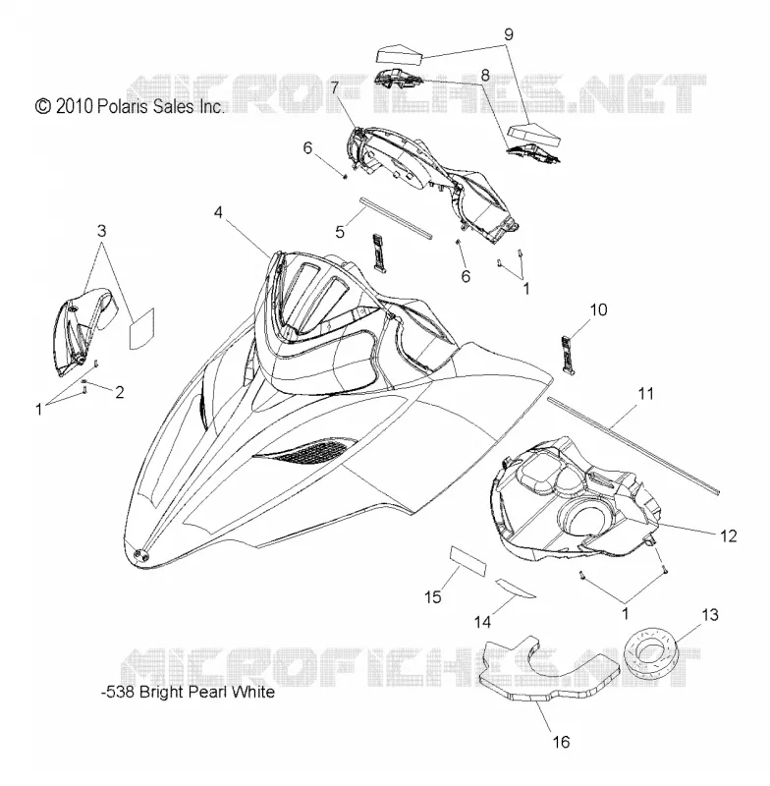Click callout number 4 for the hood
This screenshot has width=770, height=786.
tap(218, 212)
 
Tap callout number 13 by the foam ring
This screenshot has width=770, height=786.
tap(710, 615)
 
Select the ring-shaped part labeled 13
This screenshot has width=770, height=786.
tap(651, 650)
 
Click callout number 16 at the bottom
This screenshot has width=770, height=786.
tap(561, 742)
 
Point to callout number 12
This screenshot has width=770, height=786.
tap(729, 535)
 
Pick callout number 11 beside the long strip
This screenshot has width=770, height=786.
tap(645, 394)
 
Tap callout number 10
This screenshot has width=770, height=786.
tap(599, 309)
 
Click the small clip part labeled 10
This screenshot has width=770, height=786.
tap(567, 356)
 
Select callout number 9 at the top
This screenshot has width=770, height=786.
tap(509, 34)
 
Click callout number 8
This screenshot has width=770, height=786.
tap(485, 76)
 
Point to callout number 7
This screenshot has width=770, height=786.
tap(334, 87)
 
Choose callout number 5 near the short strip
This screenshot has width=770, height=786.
tap(340, 232)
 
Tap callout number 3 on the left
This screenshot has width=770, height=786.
tap(102, 231)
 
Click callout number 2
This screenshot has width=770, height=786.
tap(119, 392)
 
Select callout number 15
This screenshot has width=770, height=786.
tap(433, 597)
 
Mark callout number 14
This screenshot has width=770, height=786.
tap(483, 622)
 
